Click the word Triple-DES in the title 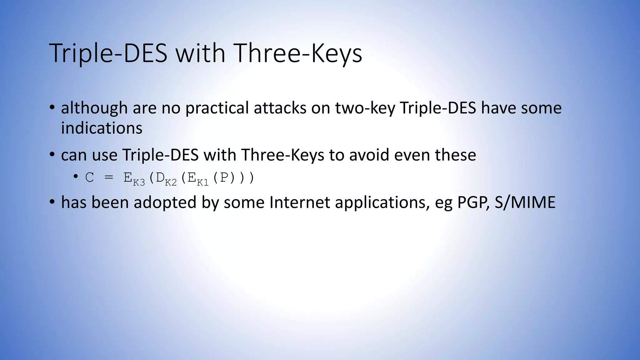(x=108, y=53)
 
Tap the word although (x=94, y=108)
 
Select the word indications (x=102, y=128)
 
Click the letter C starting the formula (x=89, y=178)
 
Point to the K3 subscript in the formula (x=139, y=182)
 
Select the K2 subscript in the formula (x=171, y=182)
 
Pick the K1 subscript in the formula (x=202, y=182)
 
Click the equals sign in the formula (x=109, y=178)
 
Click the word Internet (x=299, y=202)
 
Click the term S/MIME (x=525, y=202)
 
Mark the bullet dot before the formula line (x=75, y=177)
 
